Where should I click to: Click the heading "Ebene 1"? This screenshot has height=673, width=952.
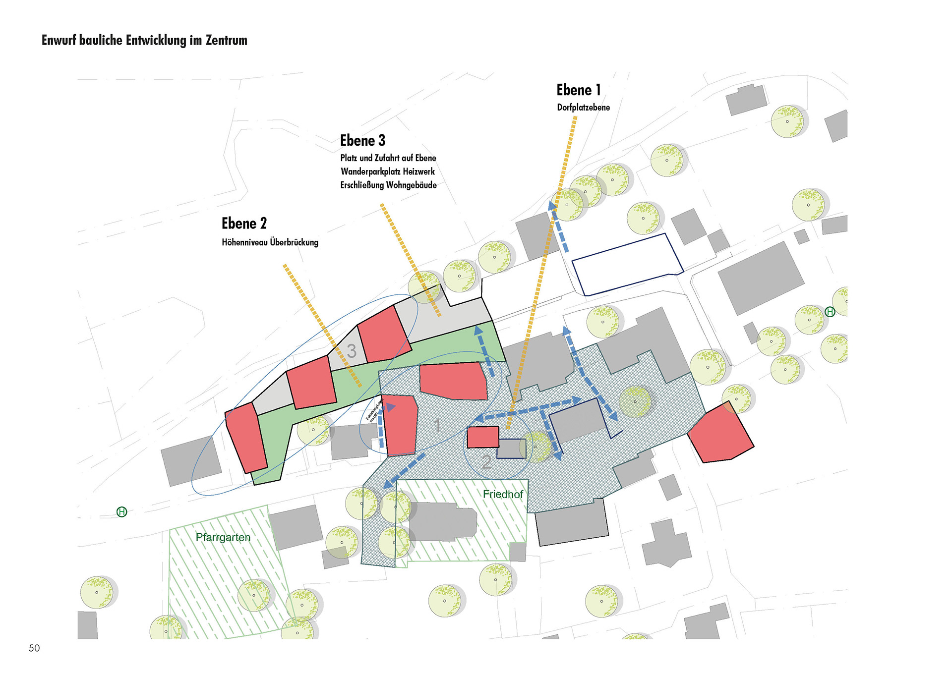point(578,90)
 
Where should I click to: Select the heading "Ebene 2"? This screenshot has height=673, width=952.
point(244,224)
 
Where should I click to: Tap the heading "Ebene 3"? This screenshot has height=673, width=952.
point(362,141)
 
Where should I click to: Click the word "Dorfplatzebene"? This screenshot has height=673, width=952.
point(583,108)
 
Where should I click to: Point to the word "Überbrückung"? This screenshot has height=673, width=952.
point(294,242)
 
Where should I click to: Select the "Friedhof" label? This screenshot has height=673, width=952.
point(503,494)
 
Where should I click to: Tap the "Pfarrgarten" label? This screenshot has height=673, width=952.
point(223,537)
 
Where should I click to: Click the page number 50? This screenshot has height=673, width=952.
point(34,648)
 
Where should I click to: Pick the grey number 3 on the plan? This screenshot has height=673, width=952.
point(352,351)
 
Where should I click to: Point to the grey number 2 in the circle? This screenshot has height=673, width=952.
point(486,462)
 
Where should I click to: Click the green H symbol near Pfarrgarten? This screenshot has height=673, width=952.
point(121,512)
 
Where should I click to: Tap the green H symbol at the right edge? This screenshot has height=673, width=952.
point(830,312)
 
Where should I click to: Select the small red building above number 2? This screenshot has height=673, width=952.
point(483,437)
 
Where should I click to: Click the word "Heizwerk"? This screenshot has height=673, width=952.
point(418,171)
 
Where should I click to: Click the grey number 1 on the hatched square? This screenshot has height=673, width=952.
point(437,425)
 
